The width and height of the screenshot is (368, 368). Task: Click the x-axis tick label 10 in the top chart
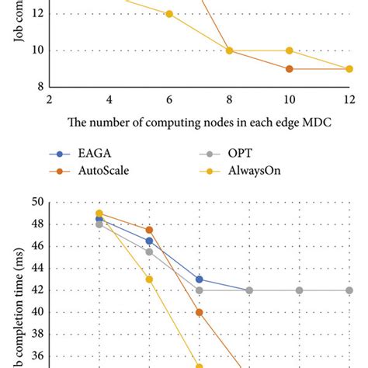click(289, 99)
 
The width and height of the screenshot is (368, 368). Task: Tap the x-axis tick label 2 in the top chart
click(50, 99)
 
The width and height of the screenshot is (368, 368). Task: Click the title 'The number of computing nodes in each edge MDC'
click(198, 121)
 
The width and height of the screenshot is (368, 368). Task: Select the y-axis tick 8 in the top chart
click(37, 87)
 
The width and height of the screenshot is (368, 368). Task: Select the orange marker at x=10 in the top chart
click(289, 69)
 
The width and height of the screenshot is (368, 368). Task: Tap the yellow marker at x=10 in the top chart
click(289, 50)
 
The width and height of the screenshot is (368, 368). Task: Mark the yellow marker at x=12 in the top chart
click(349, 69)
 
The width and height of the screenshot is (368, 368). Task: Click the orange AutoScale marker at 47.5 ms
click(149, 230)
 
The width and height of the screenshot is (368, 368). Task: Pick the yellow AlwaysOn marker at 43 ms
click(149, 279)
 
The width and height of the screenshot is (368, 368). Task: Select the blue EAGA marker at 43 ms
click(200, 279)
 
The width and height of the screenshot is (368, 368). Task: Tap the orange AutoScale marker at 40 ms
click(200, 312)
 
